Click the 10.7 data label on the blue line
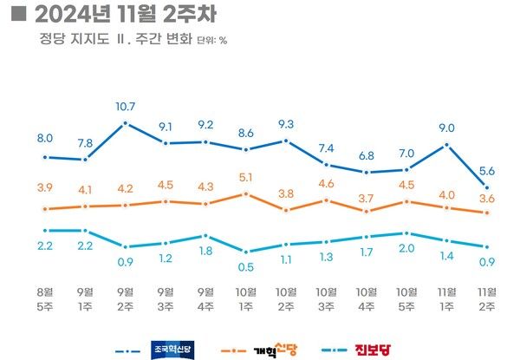[x=127, y=107]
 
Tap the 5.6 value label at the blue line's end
[x=487, y=171]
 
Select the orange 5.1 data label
[x=245, y=179]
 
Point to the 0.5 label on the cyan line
[x=245, y=266]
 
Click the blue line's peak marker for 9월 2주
[x=127, y=123]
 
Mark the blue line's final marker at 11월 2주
[x=487, y=187]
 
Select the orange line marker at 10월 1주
[x=245, y=194]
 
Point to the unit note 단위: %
[x=212, y=40]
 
